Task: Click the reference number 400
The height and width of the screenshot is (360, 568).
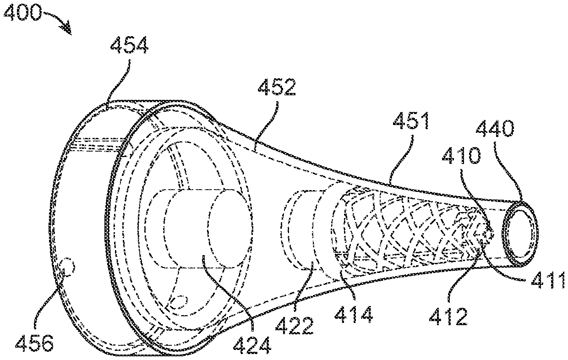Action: (23, 14)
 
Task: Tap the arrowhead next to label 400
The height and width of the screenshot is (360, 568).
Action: (68, 30)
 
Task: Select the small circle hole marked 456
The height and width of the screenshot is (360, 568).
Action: (70, 265)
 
